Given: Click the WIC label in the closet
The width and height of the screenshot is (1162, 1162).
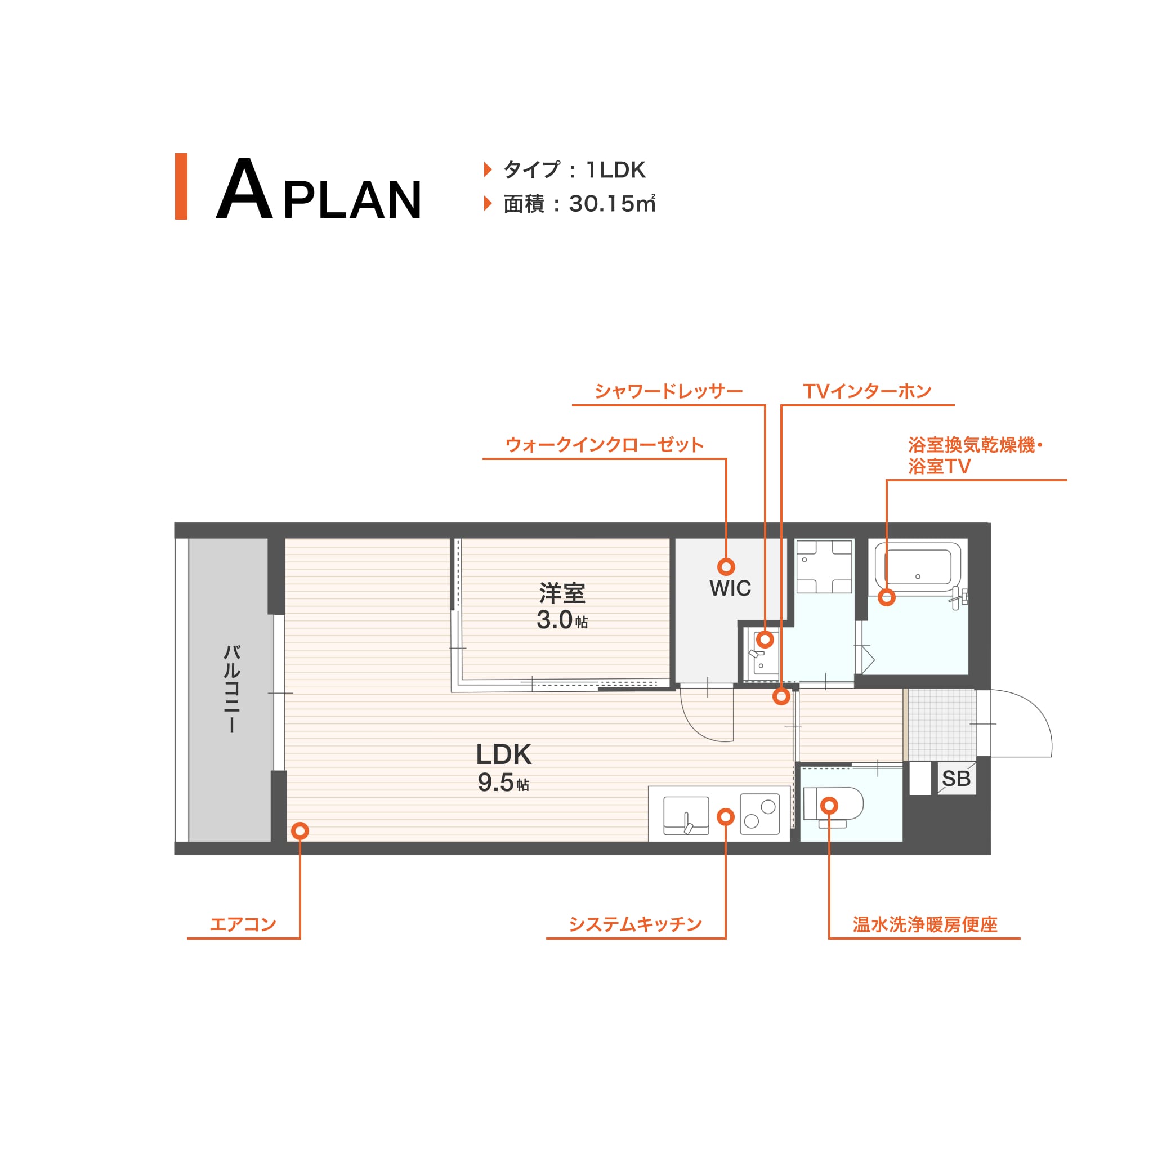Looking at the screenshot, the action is pyautogui.click(x=730, y=588).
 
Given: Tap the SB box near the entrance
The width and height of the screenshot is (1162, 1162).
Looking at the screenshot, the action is pyautogui.click(x=957, y=779).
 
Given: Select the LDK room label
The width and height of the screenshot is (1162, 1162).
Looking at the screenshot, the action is pyautogui.click(x=504, y=754).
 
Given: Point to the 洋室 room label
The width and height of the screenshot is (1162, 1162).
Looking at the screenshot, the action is pyautogui.click(x=562, y=593).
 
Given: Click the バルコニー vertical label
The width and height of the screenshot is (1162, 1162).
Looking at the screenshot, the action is pyautogui.click(x=231, y=689).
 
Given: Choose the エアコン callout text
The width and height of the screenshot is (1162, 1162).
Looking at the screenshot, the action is pyautogui.click(x=243, y=924).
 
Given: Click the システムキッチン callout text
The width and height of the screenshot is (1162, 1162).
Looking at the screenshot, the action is pyautogui.click(x=636, y=924).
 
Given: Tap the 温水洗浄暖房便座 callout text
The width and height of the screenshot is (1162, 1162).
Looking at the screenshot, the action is pyautogui.click(x=925, y=924).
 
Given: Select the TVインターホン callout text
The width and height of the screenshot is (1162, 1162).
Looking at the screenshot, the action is pyautogui.click(x=868, y=391).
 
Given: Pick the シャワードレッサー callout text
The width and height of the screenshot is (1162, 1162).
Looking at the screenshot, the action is pyautogui.click(x=669, y=391).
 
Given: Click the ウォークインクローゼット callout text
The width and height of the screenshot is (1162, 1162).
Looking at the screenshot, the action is pyautogui.click(x=605, y=445).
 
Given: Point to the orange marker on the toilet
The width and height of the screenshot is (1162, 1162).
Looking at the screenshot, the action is pyautogui.click(x=829, y=805).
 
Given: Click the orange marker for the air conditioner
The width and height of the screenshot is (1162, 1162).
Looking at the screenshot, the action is pyautogui.click(x=300, y=830).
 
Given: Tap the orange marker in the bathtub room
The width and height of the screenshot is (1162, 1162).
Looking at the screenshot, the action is pyautogui.click(x=887, y=597).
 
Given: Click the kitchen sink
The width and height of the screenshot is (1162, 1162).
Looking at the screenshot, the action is pyautogui.click(x=686, y=816).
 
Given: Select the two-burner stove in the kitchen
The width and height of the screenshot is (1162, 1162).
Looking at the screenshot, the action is pyautogui.click(x=759, y=814).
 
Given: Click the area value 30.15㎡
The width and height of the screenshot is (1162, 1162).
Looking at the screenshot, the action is pyautogui.click(x=613, y=204).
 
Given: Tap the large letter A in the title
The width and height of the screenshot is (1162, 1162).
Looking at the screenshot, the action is pyautogui.click(x=244, y=189).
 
